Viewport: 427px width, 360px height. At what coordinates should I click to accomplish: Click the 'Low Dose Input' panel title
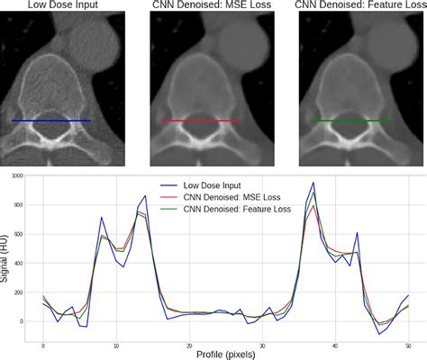click(63, 7)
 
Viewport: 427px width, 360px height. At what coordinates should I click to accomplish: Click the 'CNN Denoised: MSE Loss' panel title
click(213, 7)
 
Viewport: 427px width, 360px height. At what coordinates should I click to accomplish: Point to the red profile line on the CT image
click(201, 120)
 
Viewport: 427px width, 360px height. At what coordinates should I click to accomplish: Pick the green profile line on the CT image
click(350, 120)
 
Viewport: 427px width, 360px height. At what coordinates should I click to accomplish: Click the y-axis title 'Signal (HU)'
click(7, 255)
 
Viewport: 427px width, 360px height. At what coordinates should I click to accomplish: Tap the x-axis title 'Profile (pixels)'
click(226, 354)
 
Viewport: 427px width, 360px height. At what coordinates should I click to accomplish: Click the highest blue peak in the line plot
click(313, 183)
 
